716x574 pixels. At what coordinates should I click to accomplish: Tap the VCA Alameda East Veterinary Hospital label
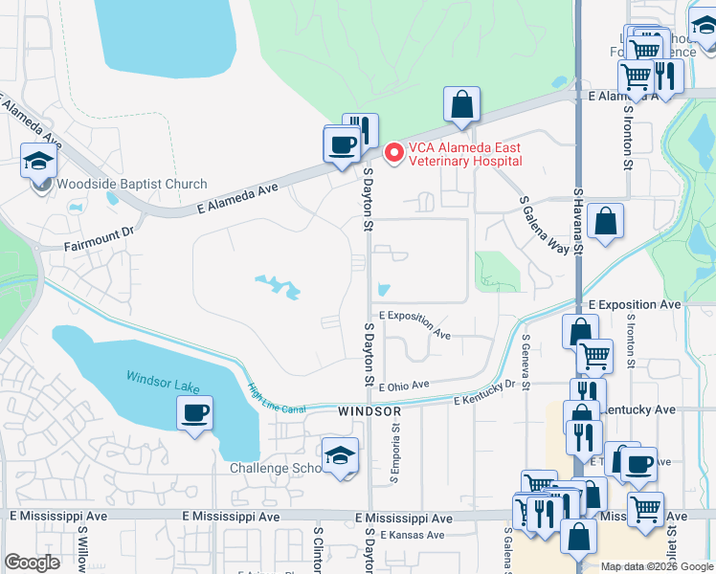(465, 154)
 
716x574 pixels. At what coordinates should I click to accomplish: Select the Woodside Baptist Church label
(132, 185)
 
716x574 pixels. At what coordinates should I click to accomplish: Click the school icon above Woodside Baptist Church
(39, 162)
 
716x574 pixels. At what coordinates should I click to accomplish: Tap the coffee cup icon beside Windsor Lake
(195, 413)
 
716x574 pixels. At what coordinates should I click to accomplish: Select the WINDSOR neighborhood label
(369, 410)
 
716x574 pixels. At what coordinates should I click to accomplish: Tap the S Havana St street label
(578, 222)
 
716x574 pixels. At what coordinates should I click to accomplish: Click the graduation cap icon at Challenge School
(340, 456)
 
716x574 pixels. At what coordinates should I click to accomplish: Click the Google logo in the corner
(32, 563)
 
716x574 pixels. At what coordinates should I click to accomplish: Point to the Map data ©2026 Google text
(656, 566)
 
